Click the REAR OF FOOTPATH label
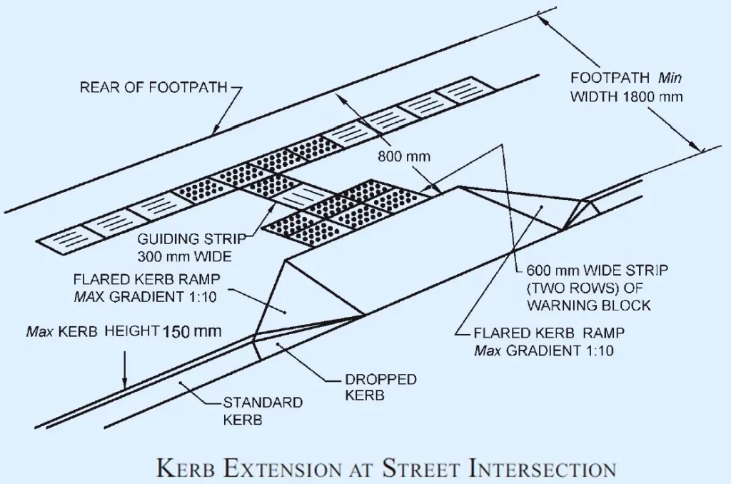point(153,88)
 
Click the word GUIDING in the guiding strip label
point(163,240)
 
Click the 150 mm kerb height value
point(192,332)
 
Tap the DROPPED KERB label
point(380,386)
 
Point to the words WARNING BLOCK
point(588,305)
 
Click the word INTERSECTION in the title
point(542,469)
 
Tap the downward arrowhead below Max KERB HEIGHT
point(125,383)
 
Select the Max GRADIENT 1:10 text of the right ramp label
point(543,351)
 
